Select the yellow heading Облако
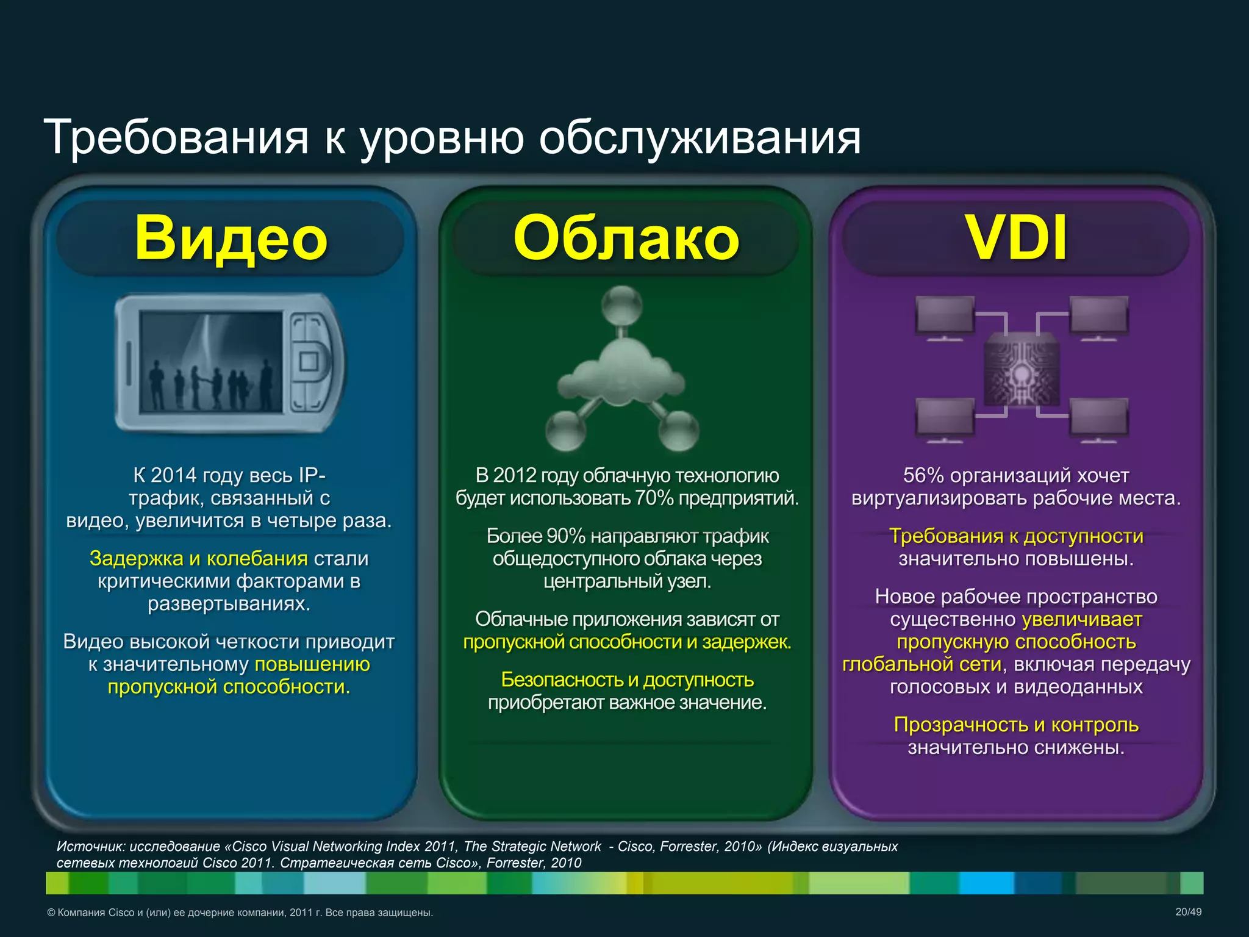pos(626,238)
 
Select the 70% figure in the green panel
pos(654,498)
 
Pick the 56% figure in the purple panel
pos(923,475)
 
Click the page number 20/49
pos(1188,912)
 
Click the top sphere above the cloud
pos(622,305)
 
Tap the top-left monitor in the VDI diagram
pos(945,315)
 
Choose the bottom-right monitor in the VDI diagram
pos(1099,418)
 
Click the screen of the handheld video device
pos(211,362)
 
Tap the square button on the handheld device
pos(309,362)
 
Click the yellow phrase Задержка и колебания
pos(198,559)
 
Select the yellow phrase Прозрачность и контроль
pos(1016,725)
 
